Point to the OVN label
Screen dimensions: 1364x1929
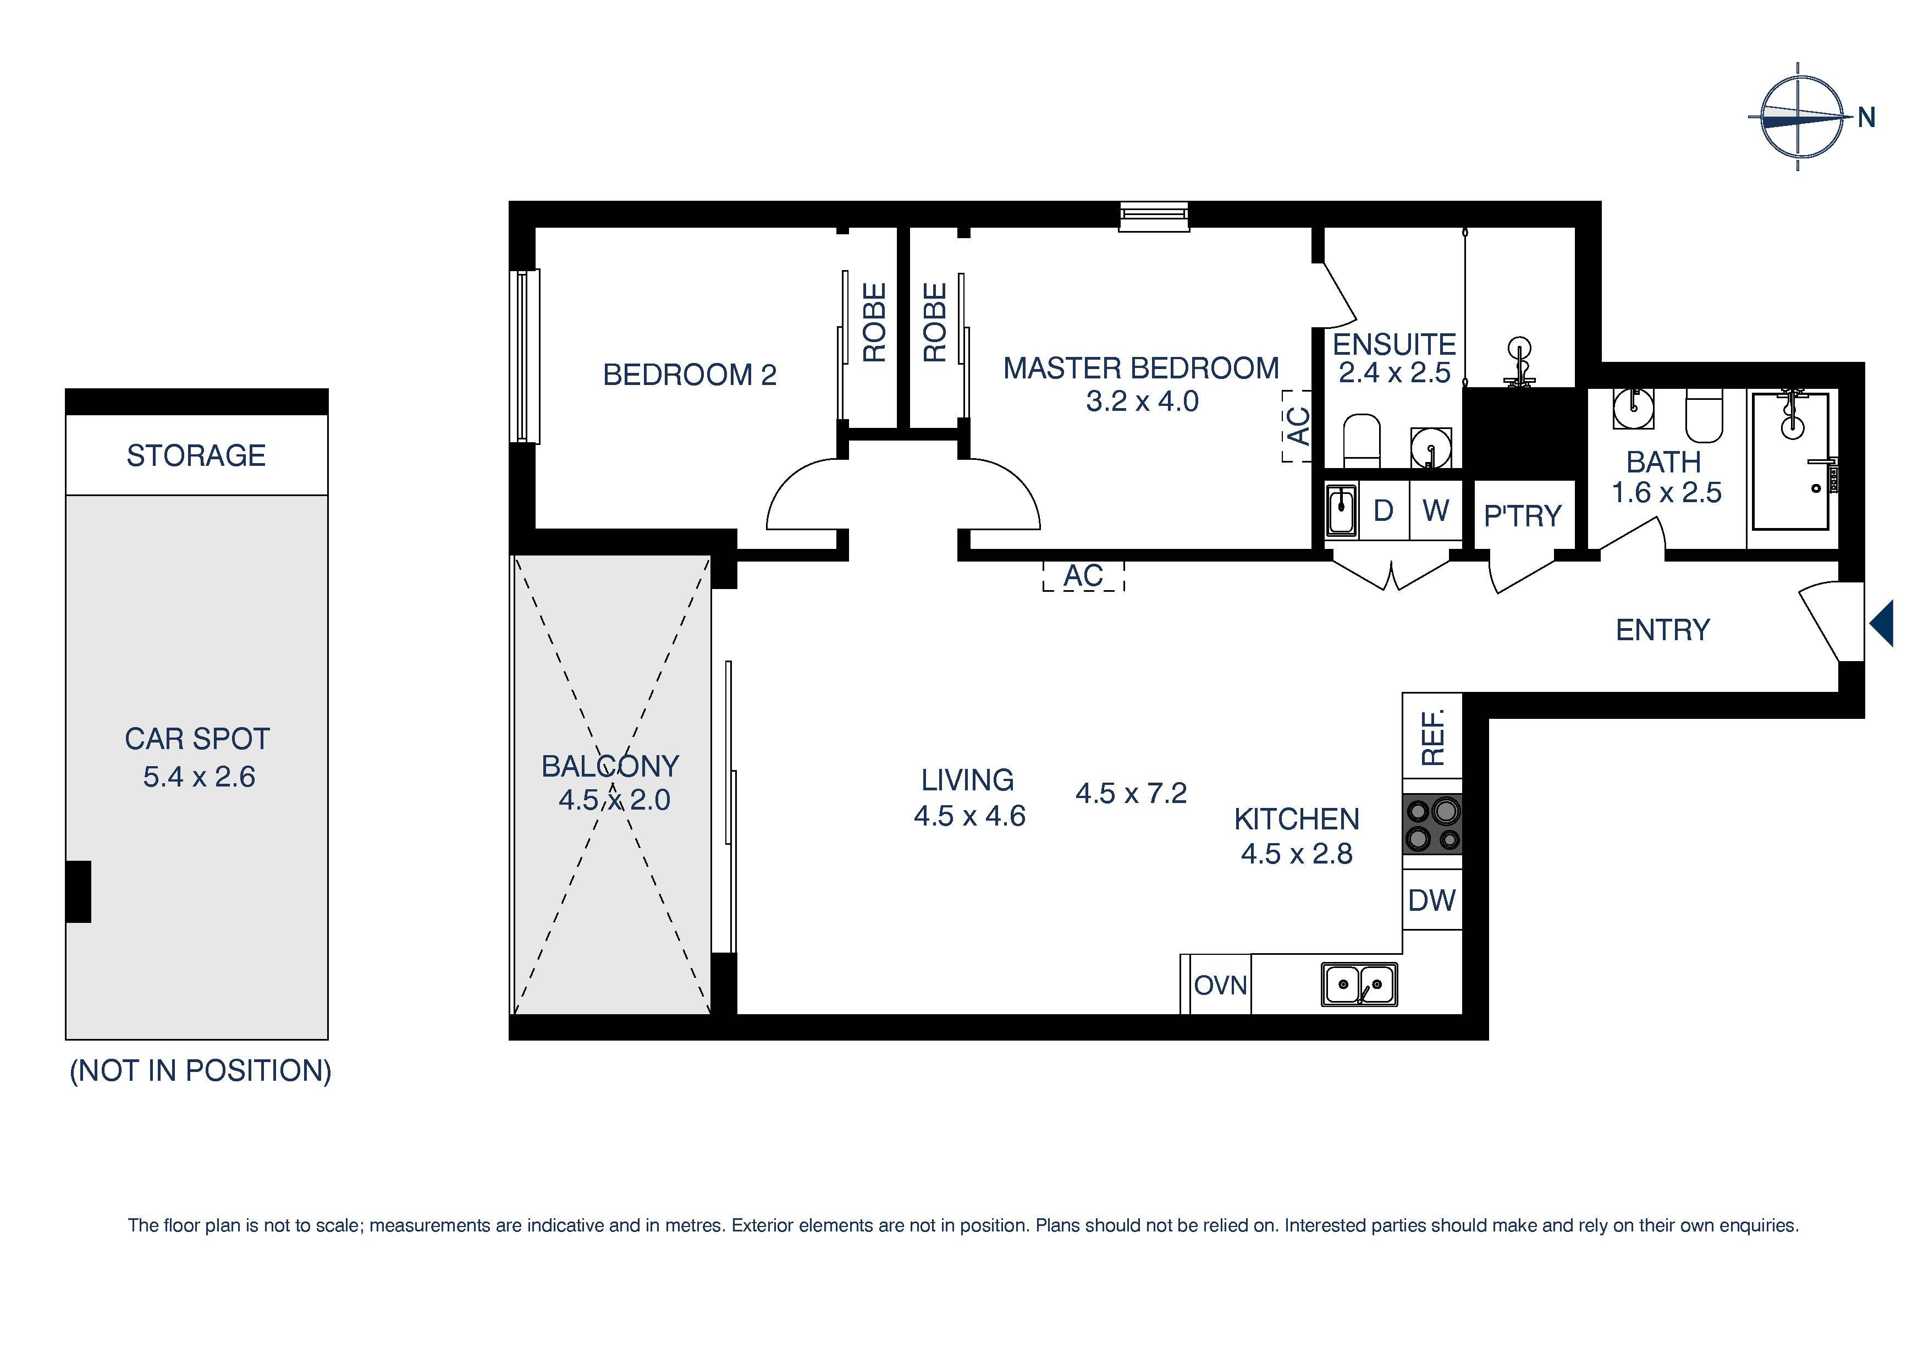(1220, 985)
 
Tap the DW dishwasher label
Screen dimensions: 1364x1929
(1431, 901)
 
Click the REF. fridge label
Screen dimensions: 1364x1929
(1432, 737)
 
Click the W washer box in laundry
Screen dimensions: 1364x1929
(1435, 510)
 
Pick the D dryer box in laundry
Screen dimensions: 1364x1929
(1383, 510)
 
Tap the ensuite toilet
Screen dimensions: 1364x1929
(1361, 439)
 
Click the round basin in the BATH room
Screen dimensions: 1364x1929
(1633, 409)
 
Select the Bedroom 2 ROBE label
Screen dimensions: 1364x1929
(874, 323)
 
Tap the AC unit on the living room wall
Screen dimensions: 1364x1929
(1083, 576)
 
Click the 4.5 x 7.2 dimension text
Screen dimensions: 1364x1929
(1131, 793)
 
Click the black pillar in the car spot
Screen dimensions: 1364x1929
(78, 891)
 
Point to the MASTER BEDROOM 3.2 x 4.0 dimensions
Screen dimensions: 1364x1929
(1142, 401)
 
